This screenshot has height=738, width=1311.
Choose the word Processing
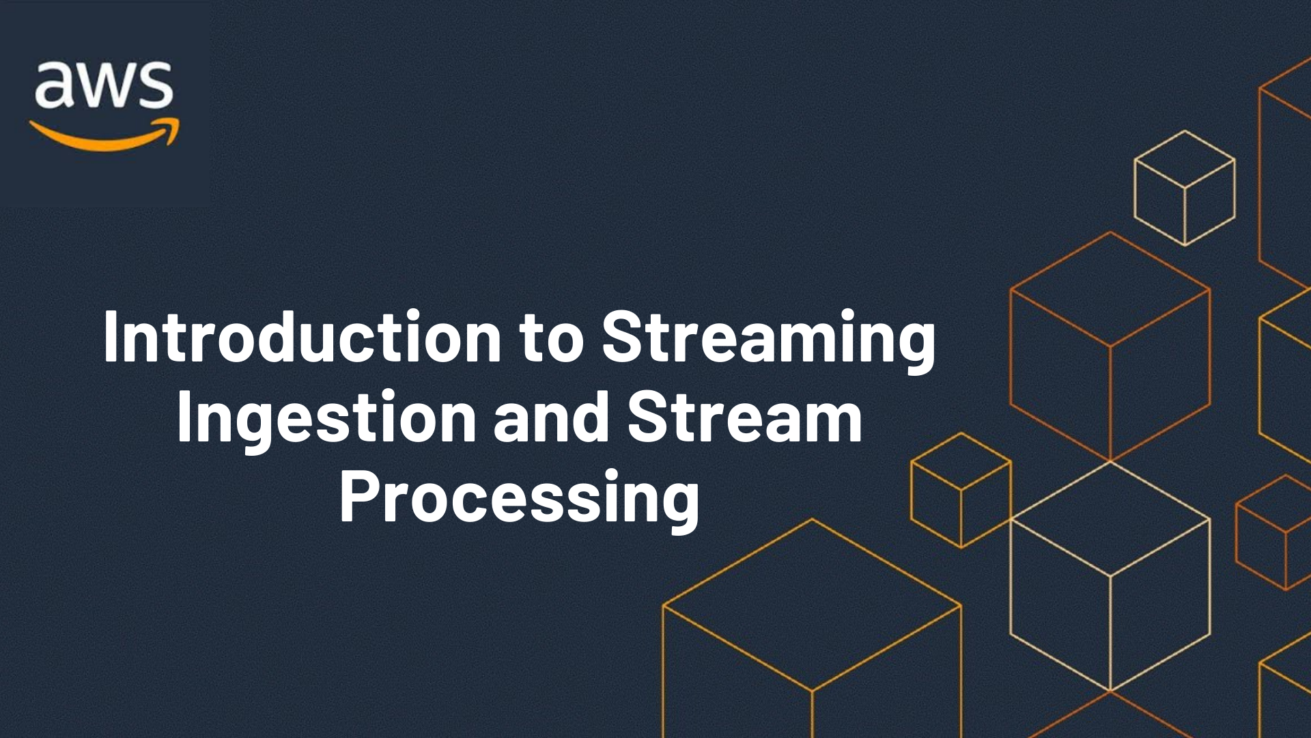[520, 500]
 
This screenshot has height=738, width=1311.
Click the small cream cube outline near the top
[1185, 187]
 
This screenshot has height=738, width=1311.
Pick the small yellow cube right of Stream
[961, 489]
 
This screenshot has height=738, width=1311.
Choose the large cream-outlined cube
[1110, 576]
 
